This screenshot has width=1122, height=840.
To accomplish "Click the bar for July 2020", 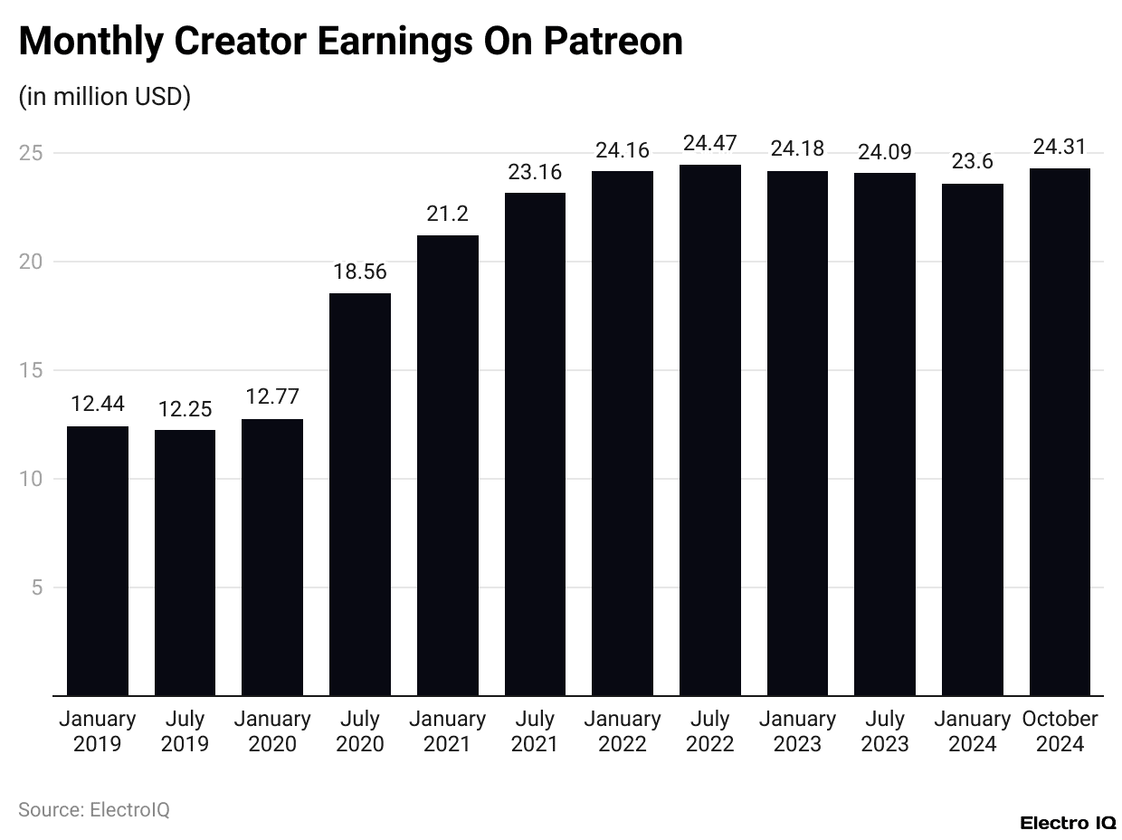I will (x=360, y=494).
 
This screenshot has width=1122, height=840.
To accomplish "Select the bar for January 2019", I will (x=98, y=560).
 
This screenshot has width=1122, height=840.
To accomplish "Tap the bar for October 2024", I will (x=1060, y=432).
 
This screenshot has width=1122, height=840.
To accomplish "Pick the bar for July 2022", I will (x=710, y=430).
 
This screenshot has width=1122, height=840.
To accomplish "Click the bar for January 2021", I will (x=448, y=465).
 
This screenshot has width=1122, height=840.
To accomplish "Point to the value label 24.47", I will (x=710, y=143).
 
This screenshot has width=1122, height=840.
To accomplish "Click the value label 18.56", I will (x=360, y=272).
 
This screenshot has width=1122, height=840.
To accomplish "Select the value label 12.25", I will (x=185, y=408).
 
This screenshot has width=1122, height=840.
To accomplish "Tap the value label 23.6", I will (x=973, y=162).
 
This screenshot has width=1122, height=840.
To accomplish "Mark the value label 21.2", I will (x=448, y=214).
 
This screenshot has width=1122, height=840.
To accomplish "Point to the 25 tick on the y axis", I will (x=32, y=153).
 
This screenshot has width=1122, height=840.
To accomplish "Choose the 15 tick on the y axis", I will (x=32, y=370).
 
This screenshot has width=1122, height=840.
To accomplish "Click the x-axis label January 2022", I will (x=623, y=731).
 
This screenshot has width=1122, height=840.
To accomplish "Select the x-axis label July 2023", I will (x=885, y=731).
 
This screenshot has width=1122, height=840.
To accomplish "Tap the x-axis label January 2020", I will (x=272, y=731).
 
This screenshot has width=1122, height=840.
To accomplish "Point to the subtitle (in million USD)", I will (x=104, y=97).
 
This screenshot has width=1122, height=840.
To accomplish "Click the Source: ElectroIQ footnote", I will (x=94, y=809).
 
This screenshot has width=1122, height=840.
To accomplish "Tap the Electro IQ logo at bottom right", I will (x=1068, y=823).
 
